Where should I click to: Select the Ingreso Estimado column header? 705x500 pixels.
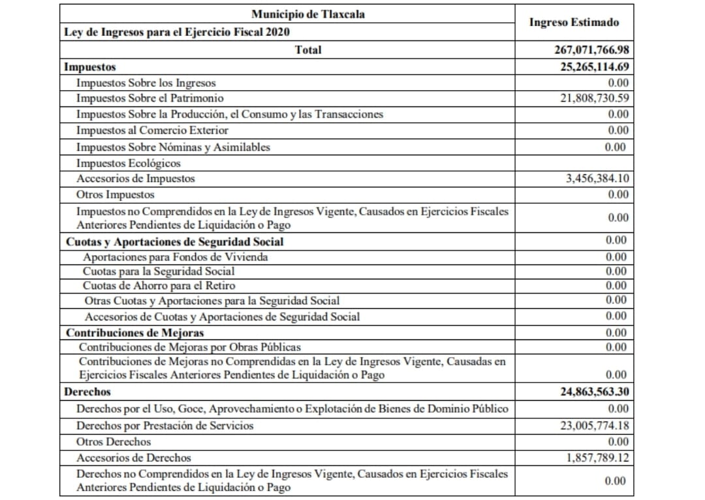coord(574,22)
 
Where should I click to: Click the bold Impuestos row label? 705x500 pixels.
coord(90,67)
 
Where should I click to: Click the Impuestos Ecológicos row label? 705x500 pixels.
coord(128,163)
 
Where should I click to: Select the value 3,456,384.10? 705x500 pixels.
coord(597,178)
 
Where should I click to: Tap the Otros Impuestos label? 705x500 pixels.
coord(116,195)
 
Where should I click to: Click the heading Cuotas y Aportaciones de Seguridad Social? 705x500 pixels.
coord(175,242)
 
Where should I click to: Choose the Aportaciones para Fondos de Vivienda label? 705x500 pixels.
coord(175,257)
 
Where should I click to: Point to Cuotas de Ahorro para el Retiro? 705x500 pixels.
coord(159,286)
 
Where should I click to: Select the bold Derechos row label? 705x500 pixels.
coord(87,392)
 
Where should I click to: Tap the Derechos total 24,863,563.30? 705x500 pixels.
coord(594,392)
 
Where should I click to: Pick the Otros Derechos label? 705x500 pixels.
coord(114,442)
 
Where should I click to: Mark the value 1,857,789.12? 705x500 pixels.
coord(597,458)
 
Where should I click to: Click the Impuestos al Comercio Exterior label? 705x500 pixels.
coord(152,130)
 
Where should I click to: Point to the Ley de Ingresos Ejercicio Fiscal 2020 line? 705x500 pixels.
coord(177,31)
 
